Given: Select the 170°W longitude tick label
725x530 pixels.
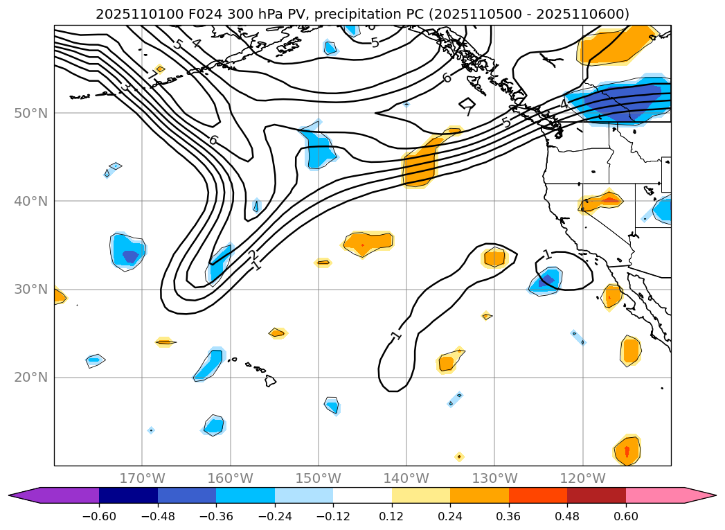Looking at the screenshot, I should click(x=142, y=478).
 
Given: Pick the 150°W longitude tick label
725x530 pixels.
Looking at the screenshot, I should click(x=319, y=478).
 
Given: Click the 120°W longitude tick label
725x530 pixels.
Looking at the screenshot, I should click(x=583, y=478).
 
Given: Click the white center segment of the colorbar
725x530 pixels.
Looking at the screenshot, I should click(x=362, y=495).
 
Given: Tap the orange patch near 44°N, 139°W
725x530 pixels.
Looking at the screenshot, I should click(x=420, y=165).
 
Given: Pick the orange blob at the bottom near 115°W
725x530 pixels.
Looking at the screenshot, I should click(x=627, y=451).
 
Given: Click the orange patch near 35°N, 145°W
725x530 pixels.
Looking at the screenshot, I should click(x=368, y=242).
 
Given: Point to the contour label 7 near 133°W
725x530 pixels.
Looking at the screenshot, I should click(x=468, y=110).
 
